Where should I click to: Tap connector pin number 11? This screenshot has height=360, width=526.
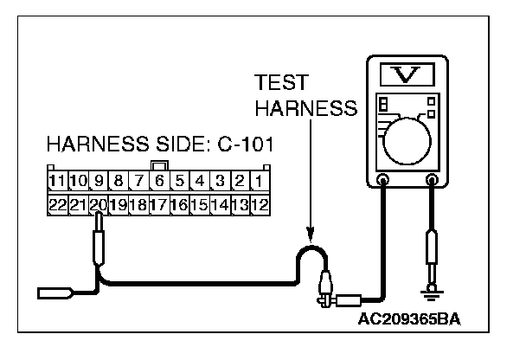(x=57, y=182)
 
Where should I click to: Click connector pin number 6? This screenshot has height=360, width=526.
(x=159, y=182)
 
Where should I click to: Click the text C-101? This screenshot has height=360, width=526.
(x=242, y=145)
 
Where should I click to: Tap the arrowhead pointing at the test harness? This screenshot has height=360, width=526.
(x=309, y=235)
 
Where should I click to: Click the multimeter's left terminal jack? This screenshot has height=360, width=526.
(x=382, y=180)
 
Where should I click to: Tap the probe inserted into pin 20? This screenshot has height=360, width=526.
(x=99, y=242)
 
